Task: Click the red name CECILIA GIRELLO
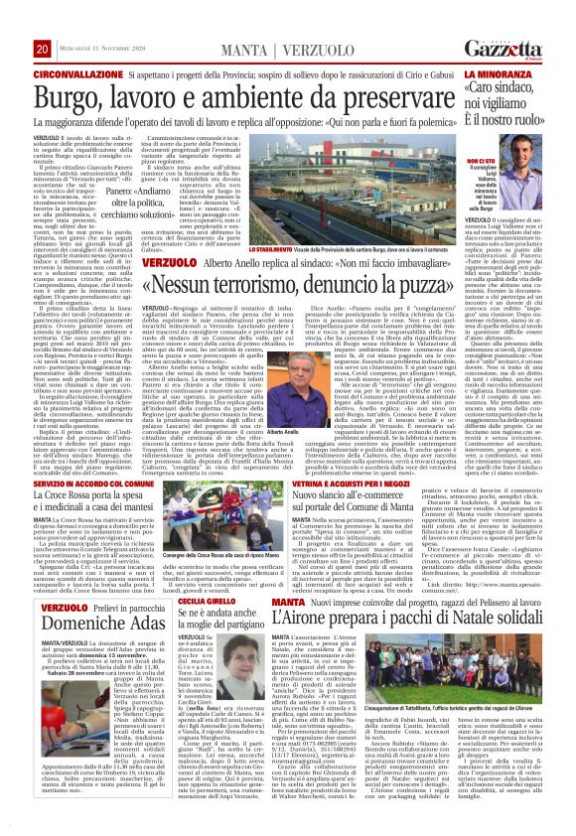point(183,601)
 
